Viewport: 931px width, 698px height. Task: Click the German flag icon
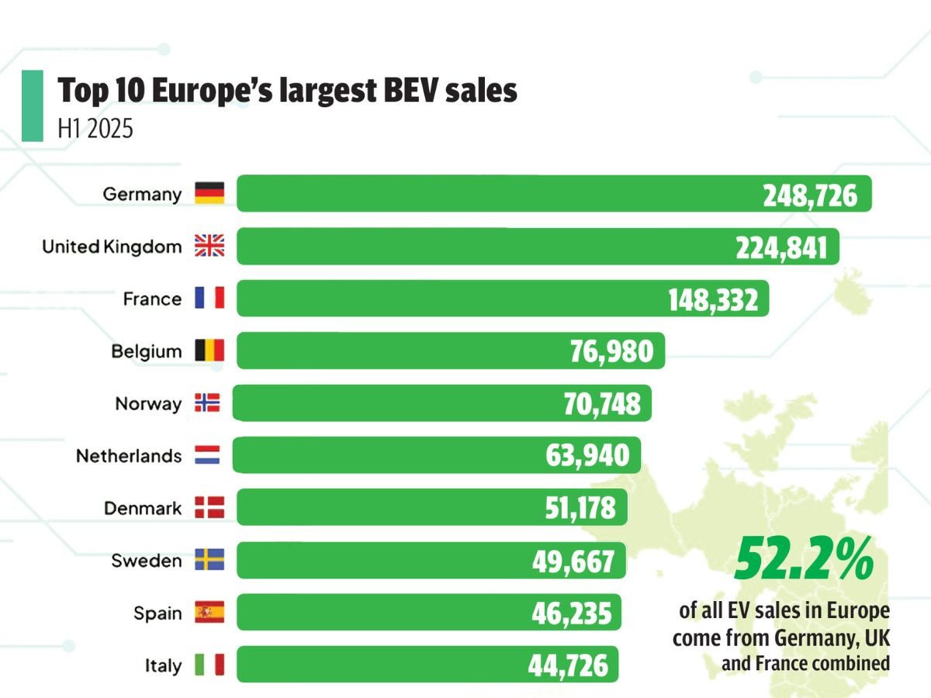tap(209, 193)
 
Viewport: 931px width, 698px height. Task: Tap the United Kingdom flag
tap(209, 247)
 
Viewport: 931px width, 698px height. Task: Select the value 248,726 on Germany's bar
tap(810, 195)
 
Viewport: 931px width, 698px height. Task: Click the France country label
tap(152, 299)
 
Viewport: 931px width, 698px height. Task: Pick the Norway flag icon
tap(207, 403)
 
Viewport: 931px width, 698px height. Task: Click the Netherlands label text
tap(128, 456)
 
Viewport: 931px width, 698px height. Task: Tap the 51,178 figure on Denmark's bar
tap(576, 508)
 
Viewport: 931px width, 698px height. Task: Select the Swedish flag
tap(209, 560)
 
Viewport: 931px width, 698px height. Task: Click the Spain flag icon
tap(209, 613)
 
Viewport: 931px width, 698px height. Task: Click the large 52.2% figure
tap(804, 558)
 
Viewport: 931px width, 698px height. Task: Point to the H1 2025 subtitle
tap(95, 129)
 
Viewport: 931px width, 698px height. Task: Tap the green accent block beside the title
tap(33, 105)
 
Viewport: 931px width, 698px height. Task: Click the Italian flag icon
tap(209, 665)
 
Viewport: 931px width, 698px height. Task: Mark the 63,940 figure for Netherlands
tap(587, 455)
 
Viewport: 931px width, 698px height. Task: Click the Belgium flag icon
tap(209, 351)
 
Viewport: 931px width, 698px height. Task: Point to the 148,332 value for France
tap(713, 299)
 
